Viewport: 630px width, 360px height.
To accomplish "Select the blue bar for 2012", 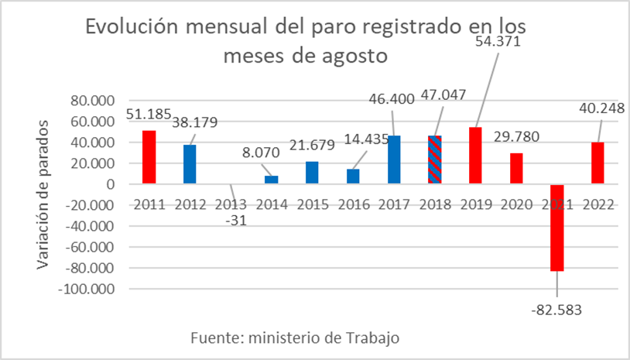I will point(189,164).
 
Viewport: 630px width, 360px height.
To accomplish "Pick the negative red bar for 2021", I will point(557,228).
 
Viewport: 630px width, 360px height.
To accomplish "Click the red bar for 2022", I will point(598,163).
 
